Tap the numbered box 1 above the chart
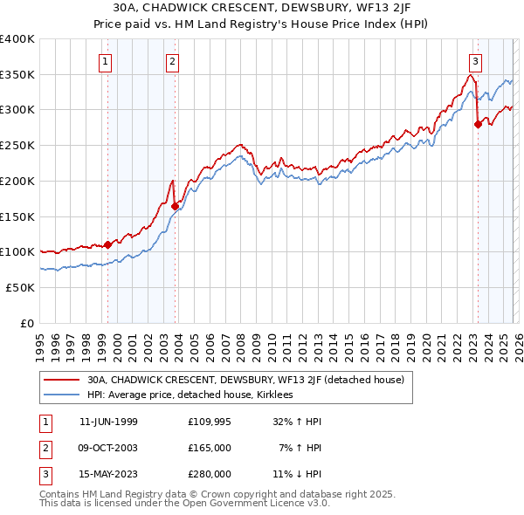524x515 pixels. click(105, 61)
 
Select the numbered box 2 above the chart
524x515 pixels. click(173, 61)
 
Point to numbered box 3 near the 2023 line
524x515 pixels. click(475, 61)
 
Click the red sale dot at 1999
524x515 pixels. click(108, 244)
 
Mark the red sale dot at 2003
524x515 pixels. click(176, 206)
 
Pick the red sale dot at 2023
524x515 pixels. click(478, 124)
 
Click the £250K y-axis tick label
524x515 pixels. click(17, 146)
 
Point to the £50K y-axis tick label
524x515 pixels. click(20, 287)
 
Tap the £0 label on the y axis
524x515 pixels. click(28, 323)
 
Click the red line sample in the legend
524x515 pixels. click(62, 380)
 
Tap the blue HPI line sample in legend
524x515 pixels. click(62, 395)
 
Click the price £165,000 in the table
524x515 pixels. click(210, 448)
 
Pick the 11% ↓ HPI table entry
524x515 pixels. click(297, 474)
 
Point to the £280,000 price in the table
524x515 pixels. click(210, 474)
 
